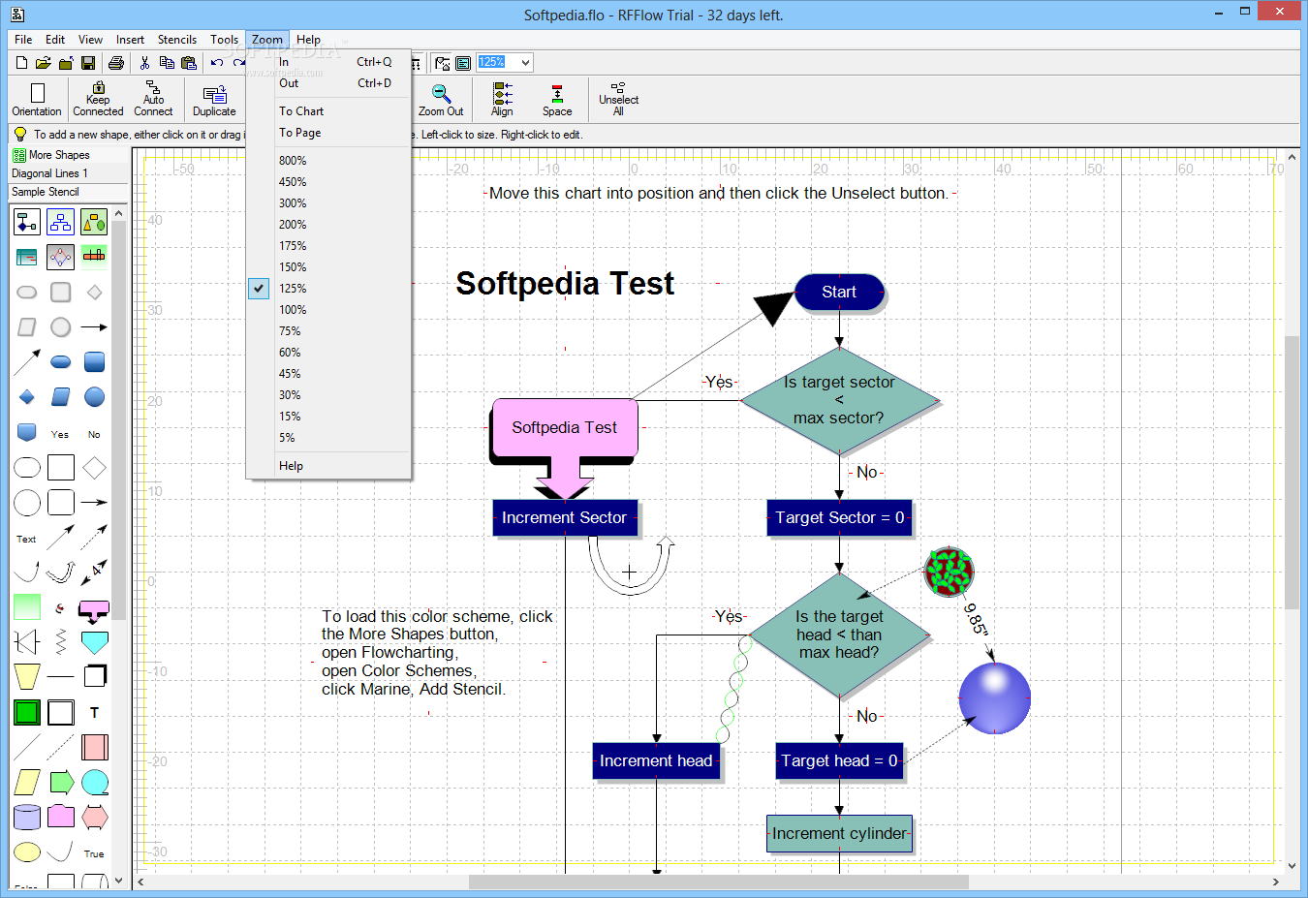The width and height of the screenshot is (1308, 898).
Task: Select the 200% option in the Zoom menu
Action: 293,224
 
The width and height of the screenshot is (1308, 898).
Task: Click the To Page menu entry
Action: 300,133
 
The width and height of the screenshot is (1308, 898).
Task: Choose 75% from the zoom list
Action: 290,331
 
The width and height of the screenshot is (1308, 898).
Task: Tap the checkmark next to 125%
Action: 259,288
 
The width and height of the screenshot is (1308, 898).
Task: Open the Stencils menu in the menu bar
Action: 177,39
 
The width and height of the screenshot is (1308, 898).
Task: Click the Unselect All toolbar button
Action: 618,99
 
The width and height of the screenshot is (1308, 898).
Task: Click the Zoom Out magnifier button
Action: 441,99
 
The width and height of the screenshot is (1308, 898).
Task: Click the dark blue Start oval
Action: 839,292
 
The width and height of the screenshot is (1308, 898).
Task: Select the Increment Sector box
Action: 565,517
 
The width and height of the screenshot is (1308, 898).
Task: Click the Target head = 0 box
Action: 839,760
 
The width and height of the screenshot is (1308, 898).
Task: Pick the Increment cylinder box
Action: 839,833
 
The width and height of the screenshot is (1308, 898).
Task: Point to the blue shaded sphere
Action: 994,697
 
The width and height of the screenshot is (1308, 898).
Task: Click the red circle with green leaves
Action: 949,572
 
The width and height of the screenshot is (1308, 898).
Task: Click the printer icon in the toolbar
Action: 116,62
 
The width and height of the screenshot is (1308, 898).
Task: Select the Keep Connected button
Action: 98,99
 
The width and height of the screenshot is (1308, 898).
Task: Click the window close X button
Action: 1279,12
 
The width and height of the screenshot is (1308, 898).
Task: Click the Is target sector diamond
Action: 839,400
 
